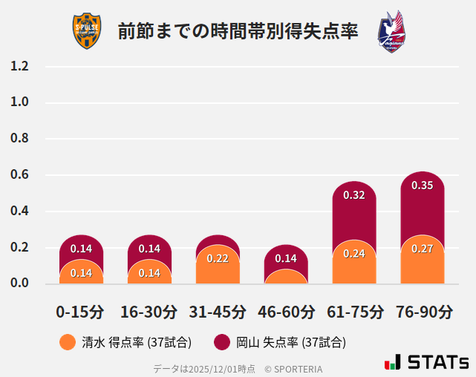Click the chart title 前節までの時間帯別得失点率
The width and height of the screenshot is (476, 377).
coord(238,32)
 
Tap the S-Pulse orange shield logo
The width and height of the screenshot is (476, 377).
coord(88,32)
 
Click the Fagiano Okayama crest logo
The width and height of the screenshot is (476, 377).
coord(391,32)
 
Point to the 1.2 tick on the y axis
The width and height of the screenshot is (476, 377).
coord(19,66)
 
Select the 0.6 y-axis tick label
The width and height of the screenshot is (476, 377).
coord(19,175)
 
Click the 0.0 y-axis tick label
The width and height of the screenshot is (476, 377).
coord(19,283)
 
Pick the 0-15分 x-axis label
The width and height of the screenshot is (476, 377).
coord(80,312)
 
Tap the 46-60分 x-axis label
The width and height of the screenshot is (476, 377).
coord(286,312)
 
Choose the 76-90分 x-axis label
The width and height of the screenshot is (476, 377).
coord(423,312)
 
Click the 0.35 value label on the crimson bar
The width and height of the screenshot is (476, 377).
coord(422,186)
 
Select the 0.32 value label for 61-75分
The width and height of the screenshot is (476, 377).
coord(354,195)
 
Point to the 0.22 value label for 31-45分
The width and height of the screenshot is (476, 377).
coord(218,258)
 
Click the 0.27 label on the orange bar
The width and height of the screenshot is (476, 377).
coord(422,249)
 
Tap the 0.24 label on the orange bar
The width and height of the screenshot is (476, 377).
coord(354,254)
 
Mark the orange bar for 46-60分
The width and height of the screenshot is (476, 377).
coord(286,277)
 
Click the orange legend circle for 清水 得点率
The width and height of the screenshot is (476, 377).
coord(68,342)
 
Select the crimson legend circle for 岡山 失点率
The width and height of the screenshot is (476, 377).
coord(221,342)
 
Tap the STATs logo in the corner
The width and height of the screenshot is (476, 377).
coord(426,362)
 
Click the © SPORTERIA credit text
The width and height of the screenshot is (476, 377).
coord(293,368)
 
